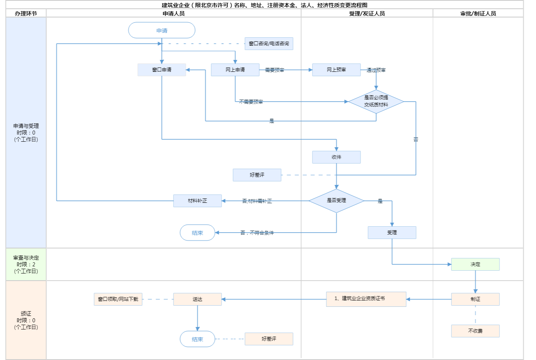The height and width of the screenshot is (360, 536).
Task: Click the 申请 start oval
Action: (162, 31)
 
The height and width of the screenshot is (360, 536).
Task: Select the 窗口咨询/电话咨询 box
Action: (269, 44)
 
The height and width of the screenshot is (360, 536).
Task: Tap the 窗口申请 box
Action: (162, 70)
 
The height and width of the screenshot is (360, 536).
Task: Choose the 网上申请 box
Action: (235, 70)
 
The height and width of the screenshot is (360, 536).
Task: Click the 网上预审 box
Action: (336, 70)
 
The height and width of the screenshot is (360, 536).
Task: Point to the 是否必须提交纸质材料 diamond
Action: (376, 102)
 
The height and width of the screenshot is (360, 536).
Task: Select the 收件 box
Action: (336, 157)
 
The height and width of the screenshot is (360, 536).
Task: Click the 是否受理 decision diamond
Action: (336, 201)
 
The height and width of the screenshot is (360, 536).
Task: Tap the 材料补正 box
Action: (197, 201)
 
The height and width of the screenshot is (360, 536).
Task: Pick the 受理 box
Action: (392, 233)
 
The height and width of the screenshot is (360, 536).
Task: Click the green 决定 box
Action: (475, 264)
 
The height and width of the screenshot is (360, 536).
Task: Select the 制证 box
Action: (475, 299)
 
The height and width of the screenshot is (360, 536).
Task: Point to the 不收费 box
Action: (475, 331)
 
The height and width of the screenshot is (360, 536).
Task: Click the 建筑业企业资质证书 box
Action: (366, 299)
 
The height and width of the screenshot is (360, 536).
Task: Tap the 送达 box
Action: (197, 299)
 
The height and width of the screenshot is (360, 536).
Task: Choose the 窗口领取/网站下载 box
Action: (118, 299)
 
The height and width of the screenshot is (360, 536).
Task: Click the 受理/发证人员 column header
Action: (367, 13)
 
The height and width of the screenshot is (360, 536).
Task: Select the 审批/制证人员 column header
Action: (478, 13)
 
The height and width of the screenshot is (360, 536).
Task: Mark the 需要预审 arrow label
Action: (274, 70)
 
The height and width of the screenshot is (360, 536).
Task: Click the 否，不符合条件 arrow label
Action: (257, 233)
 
